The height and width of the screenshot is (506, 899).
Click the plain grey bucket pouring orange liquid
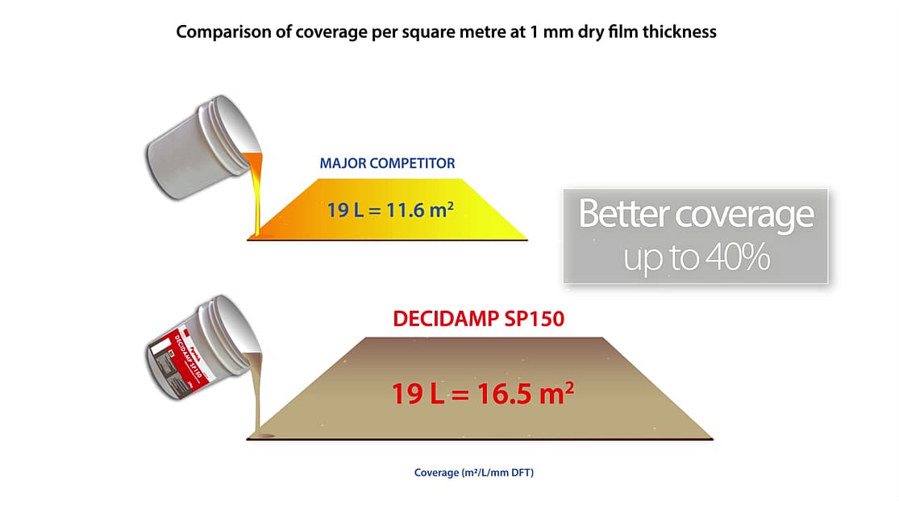point(201,148)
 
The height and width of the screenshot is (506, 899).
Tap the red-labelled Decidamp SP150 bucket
point(201,349)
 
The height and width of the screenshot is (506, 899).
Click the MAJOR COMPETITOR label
point(387,164)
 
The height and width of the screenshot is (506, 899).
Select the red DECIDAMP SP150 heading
point(479,319)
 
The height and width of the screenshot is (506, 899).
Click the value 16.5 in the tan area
point(503,394)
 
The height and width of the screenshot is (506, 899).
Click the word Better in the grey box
point(624,213)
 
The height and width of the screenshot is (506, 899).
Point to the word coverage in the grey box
point(745,215)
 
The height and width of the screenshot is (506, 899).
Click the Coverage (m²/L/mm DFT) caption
point(474,473)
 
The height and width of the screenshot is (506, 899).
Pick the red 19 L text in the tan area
point(418,394)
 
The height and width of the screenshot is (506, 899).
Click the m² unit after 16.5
point(556,393)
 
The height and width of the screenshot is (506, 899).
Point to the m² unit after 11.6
point(442,209)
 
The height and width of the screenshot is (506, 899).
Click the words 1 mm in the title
point(551,32)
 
